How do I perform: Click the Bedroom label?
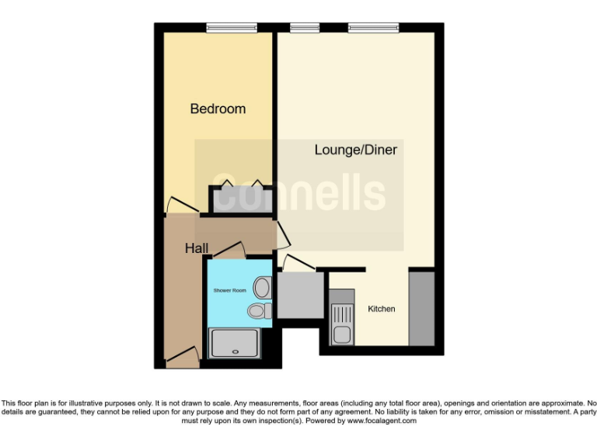[218, 109]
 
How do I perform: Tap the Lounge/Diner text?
[356, 150]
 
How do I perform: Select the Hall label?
[196, 248]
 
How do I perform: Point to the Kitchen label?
[381, 309]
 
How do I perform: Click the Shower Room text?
[229, 290]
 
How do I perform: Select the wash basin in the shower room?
[262, 289]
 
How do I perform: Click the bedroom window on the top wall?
[232, 28]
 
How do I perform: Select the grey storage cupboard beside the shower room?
[300, 294]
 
